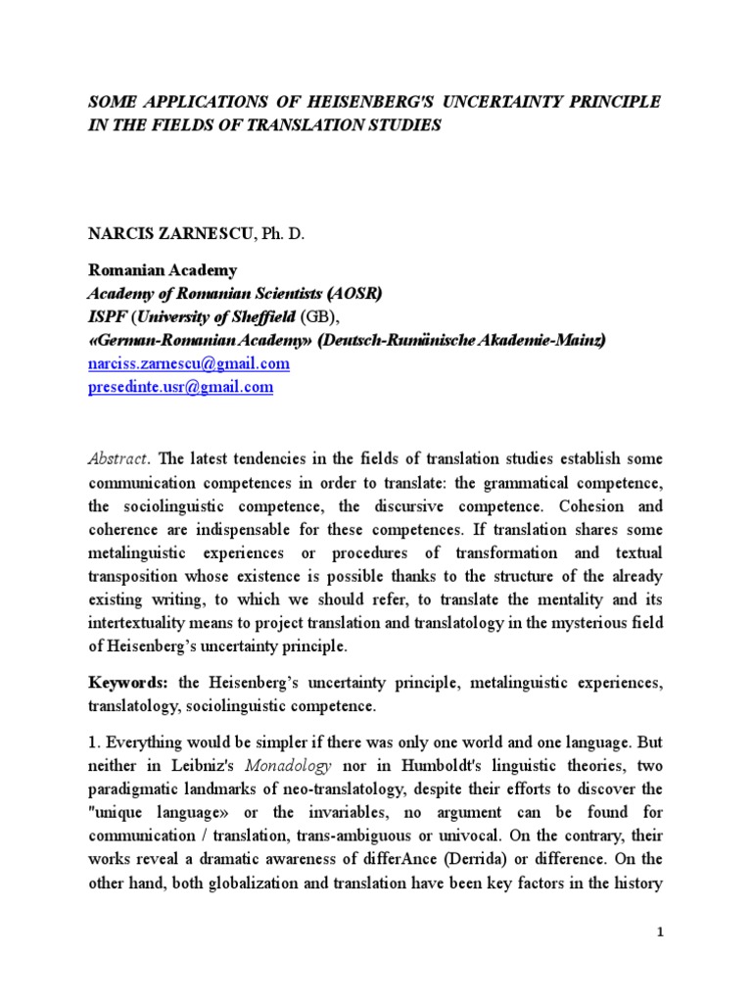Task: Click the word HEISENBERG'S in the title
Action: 371,103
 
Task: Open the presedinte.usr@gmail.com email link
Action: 180,387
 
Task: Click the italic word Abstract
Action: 118,457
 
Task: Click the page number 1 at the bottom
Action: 661,931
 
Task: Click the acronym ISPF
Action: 108,317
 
